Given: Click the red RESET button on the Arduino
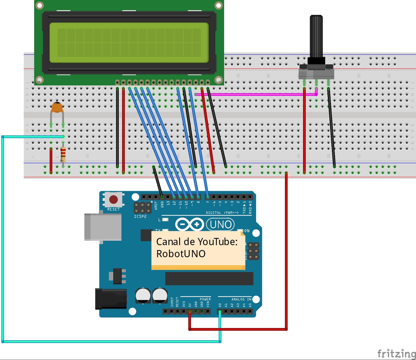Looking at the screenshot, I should [x=113, y=199].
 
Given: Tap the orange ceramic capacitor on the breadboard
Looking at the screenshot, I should [x=57, y=108].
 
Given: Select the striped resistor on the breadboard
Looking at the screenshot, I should [x=63, y=154].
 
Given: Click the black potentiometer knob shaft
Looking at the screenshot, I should [x=316, y=36].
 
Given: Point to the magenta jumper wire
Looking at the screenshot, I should [x=255, y=95].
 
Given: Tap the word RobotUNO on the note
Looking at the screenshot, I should [x=181, y=254].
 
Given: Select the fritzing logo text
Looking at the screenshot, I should [x=396, y=354].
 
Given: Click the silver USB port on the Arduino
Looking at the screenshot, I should [x=103, y=227].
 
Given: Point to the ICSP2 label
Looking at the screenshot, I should [x=140, y=216].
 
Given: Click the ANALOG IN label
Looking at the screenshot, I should [x=241, y=299].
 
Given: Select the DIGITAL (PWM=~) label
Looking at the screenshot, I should [x=222, y=212].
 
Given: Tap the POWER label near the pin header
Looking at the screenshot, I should [x=205, y=299].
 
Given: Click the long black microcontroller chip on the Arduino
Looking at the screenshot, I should [x=209, y=278].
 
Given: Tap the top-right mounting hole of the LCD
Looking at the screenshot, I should [x=219, y=5].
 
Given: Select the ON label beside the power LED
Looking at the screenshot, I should [x=247, y=231].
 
